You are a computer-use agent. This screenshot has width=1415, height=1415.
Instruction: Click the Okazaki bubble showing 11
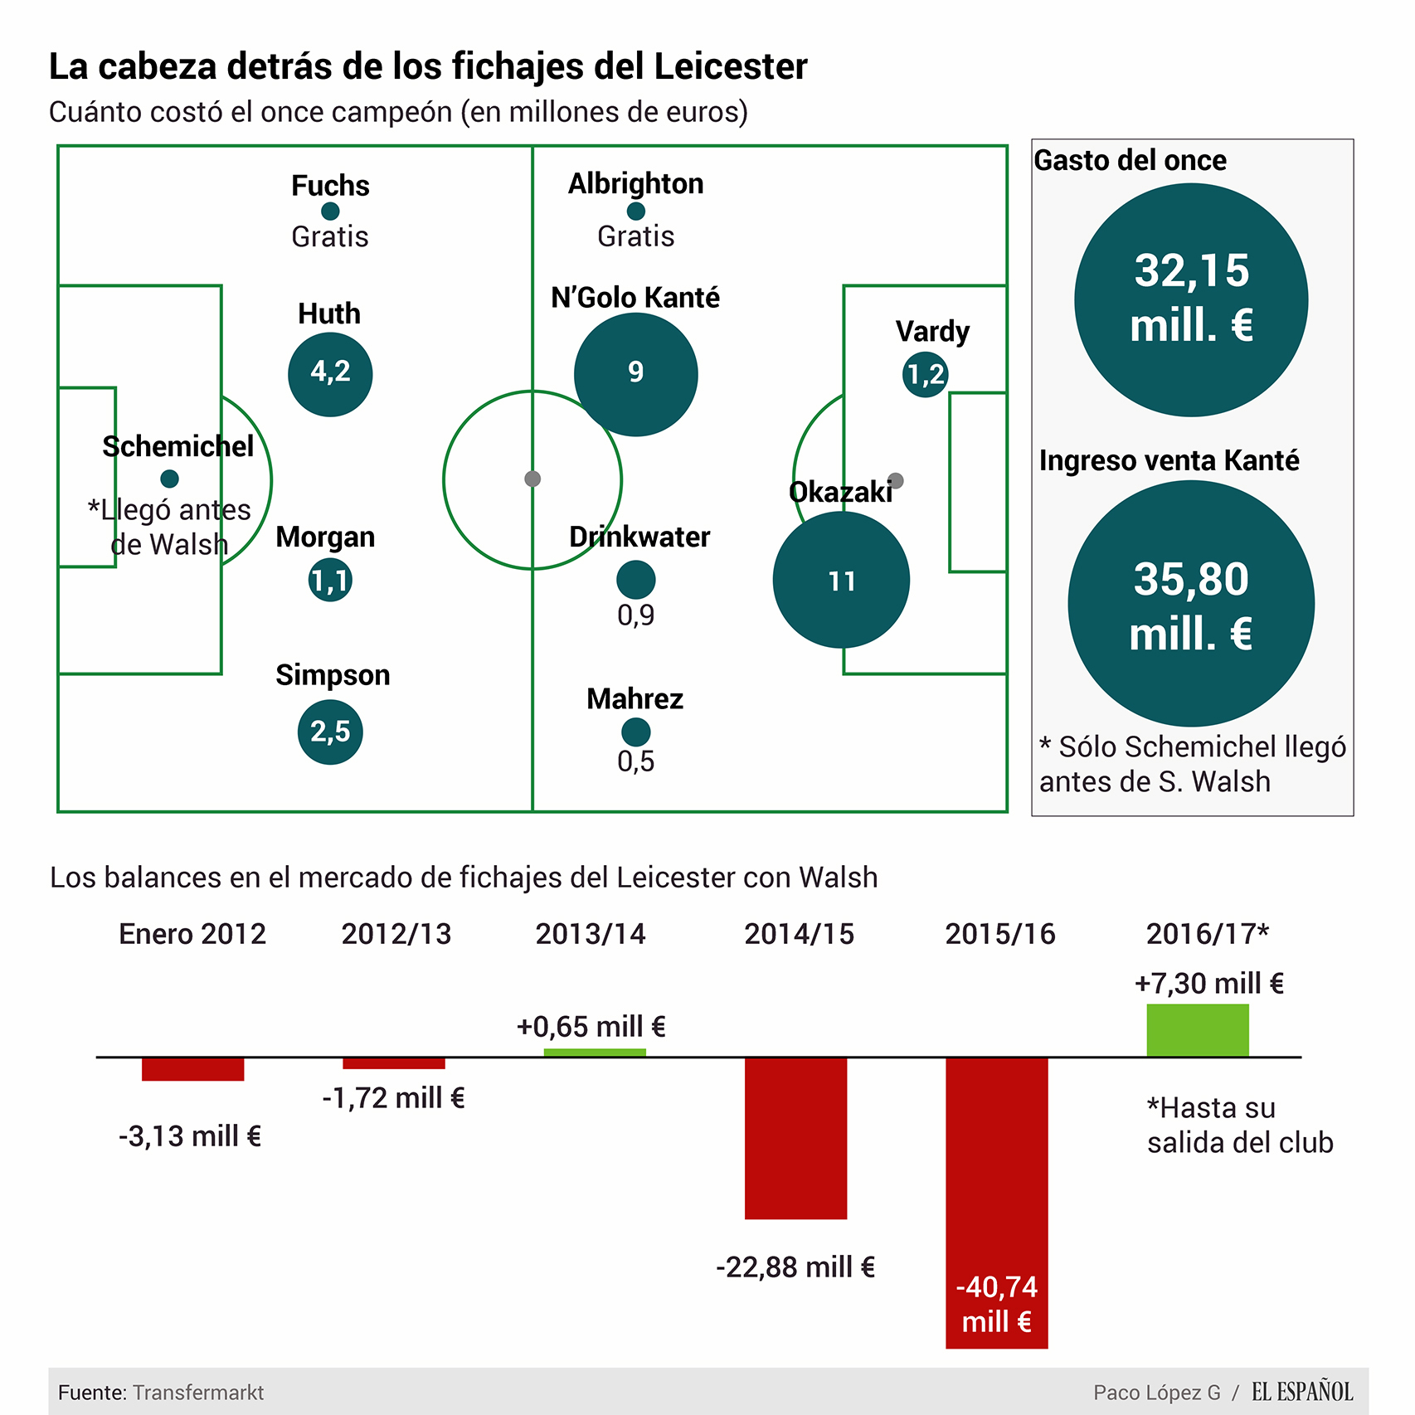(841, 580)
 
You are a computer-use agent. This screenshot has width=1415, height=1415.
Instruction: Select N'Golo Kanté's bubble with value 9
(635, 374)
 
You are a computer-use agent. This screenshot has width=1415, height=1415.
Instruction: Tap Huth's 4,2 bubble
(330, 374)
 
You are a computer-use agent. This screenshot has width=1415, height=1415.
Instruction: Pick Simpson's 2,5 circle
(330, 732)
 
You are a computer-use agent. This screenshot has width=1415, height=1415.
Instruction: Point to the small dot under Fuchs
(330, 212)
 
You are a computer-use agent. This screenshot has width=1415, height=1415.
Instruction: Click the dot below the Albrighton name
(636, 211)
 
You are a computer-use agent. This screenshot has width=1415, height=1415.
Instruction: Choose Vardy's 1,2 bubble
(925, 375)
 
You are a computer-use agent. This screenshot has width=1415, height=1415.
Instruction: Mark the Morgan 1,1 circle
(330, 580)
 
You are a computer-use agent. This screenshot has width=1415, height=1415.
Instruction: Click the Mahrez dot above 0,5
(636, 732)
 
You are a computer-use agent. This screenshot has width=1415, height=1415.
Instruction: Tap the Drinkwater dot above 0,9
(636, 579)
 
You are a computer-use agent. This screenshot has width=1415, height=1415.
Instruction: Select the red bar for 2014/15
(795, 1138)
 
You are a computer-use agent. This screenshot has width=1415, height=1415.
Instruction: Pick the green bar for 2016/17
(1197, 1030)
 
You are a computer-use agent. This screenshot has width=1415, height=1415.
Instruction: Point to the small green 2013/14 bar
(595, 1053)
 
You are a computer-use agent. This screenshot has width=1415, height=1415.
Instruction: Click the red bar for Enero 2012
(192, 1069)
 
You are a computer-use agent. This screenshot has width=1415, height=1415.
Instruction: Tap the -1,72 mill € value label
(393, 1098)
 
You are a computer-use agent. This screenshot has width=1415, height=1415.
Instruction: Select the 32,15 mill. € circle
(1191, 299)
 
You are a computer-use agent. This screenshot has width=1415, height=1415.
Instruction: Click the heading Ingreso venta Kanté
(1169, 460)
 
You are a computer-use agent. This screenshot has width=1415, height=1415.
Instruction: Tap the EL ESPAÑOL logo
(1301, 1391)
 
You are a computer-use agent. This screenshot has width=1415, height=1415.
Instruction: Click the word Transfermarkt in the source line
(198, 1393)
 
